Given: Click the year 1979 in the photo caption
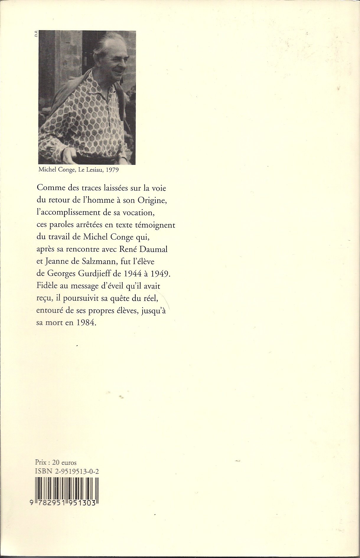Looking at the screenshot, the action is [x=112, y=170].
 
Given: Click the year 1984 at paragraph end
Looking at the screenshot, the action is [x=86, y=323].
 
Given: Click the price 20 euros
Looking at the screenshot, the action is [x=64, y=462].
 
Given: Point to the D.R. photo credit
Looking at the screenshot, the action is [x=35, y=35].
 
